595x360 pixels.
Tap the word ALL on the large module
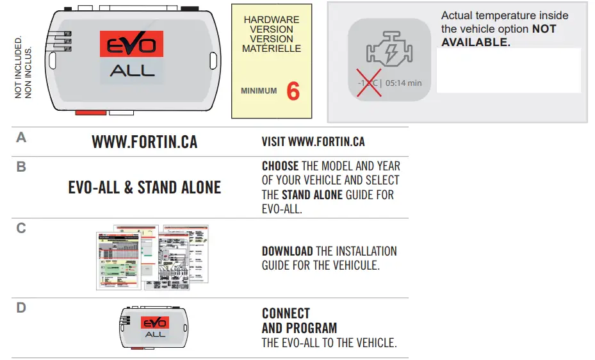click(x=132, y=70)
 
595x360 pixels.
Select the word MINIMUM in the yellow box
click(x=259, y=91)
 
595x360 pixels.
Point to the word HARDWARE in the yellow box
click(x=272, y=20)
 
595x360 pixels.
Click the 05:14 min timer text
click(x=403, y=83)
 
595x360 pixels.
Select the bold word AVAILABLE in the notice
click(x=475, y=42)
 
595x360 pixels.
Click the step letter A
click(x=21, y=138)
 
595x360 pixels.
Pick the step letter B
click(x=21, y=167)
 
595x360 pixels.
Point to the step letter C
click(x=21, y=228)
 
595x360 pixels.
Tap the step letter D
click(x=21, y=308)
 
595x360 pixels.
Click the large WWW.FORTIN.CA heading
click(x=145, y=142)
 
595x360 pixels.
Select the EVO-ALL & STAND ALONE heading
click(x=145, y=188)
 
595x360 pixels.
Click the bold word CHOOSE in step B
click(x=280, y=167)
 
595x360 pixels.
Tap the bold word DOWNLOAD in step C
click(x=287, y=251)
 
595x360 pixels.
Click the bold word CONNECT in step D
click(x=286, y=314)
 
